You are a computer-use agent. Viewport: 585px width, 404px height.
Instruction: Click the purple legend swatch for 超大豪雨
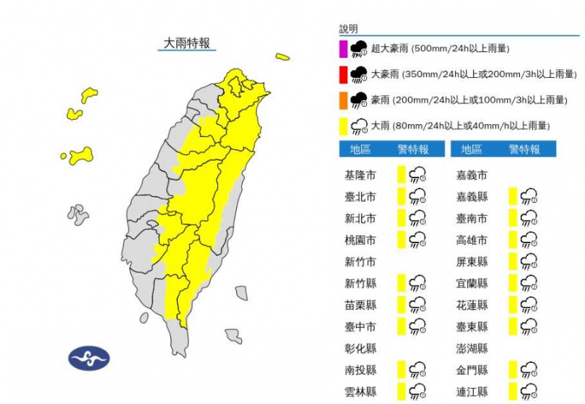(344, 49)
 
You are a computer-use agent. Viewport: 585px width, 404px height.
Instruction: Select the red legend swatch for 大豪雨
(344, 74)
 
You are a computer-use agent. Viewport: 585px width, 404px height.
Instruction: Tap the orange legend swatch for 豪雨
(344, 100)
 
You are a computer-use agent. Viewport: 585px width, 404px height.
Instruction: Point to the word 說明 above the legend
(348, 30)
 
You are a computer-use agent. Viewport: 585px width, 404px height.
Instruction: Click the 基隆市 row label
(360, 175)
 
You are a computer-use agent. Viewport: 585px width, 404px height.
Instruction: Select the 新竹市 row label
(360, 261)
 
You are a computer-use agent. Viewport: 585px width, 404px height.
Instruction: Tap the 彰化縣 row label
(360, 348)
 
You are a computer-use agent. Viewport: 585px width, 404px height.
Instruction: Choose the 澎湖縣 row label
(472, 348)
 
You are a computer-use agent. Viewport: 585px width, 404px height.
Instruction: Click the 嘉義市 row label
(472, 175)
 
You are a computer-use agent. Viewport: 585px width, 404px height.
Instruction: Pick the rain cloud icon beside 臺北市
(417, 196)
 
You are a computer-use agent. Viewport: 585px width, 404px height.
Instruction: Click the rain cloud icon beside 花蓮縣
(529, 304)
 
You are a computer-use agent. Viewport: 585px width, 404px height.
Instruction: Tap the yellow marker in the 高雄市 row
(512, 240)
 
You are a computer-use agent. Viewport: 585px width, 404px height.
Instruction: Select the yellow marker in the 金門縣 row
(512, 369)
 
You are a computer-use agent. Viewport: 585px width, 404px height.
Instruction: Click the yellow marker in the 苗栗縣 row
(401, 304)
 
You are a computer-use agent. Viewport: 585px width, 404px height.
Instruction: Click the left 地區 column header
(360, 149)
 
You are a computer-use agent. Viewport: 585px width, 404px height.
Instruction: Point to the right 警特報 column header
(524, 149)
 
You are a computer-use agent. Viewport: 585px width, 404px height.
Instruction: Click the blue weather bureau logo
(89, 358)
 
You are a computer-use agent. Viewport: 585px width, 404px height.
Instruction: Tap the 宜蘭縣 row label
(472, 283)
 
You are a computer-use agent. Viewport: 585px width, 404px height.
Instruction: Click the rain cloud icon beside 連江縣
(529, 391)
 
